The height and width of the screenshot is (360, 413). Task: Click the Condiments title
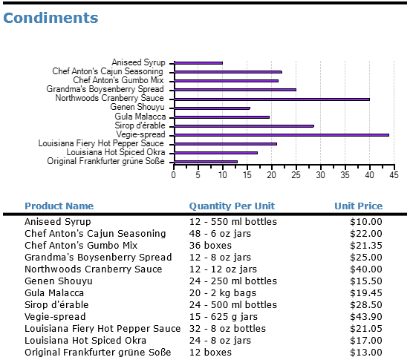coord(51,18)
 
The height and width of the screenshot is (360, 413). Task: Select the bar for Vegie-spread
coord(281,134)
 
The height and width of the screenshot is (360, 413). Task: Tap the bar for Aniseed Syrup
coord(198,63)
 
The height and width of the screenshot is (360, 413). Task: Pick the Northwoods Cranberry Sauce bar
coord(271,99)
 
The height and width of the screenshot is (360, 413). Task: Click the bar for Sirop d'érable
coord(244,125)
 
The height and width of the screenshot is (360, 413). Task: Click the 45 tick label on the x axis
coord(394,175)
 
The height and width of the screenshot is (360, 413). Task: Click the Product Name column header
coord(59,206)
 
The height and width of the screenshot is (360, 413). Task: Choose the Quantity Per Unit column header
coord(232,206)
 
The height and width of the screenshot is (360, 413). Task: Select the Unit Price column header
coord(358,206)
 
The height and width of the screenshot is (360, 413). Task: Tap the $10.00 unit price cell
coord(366,222)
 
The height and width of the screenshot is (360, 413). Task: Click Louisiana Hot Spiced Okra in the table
coord(85,341)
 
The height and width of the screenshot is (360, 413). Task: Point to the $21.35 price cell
coord(366,246)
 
